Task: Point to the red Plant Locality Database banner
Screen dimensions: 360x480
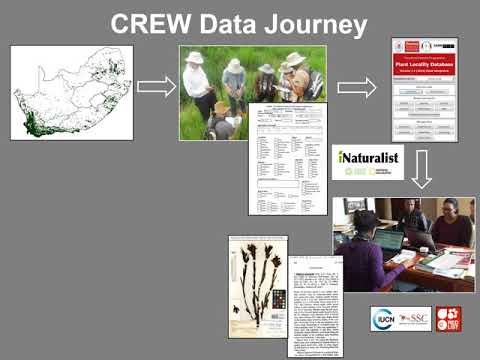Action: tap(424, 62)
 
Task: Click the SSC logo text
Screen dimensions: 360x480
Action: tap(413, 319)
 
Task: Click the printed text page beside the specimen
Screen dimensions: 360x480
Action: tap(315, 296)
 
